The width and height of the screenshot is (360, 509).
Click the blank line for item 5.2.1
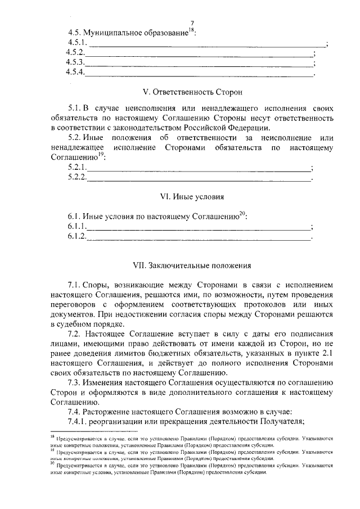pyautogui.click(x=198, y=169)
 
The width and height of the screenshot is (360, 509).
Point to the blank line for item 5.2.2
pyautogui.click(x=199, y=179)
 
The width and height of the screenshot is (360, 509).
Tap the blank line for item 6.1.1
pyautogui.click(x=198, y=228)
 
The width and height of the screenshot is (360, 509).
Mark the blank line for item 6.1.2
pyautogui.click(x=199, y=238)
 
